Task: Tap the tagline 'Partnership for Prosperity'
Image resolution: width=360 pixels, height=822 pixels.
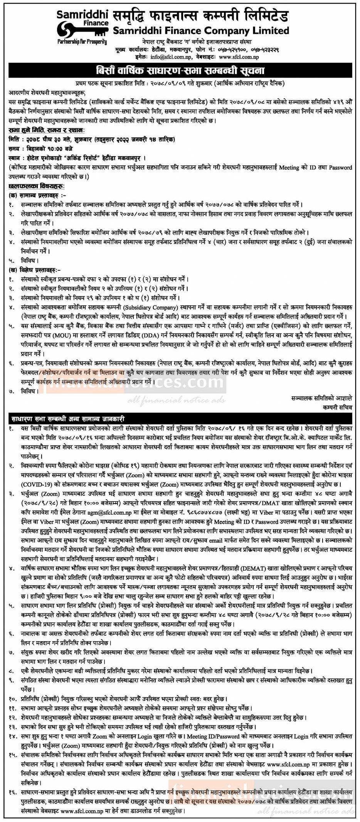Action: (x=82, y=41)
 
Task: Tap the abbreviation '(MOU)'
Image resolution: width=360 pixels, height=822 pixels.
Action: (x=60, y=335)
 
